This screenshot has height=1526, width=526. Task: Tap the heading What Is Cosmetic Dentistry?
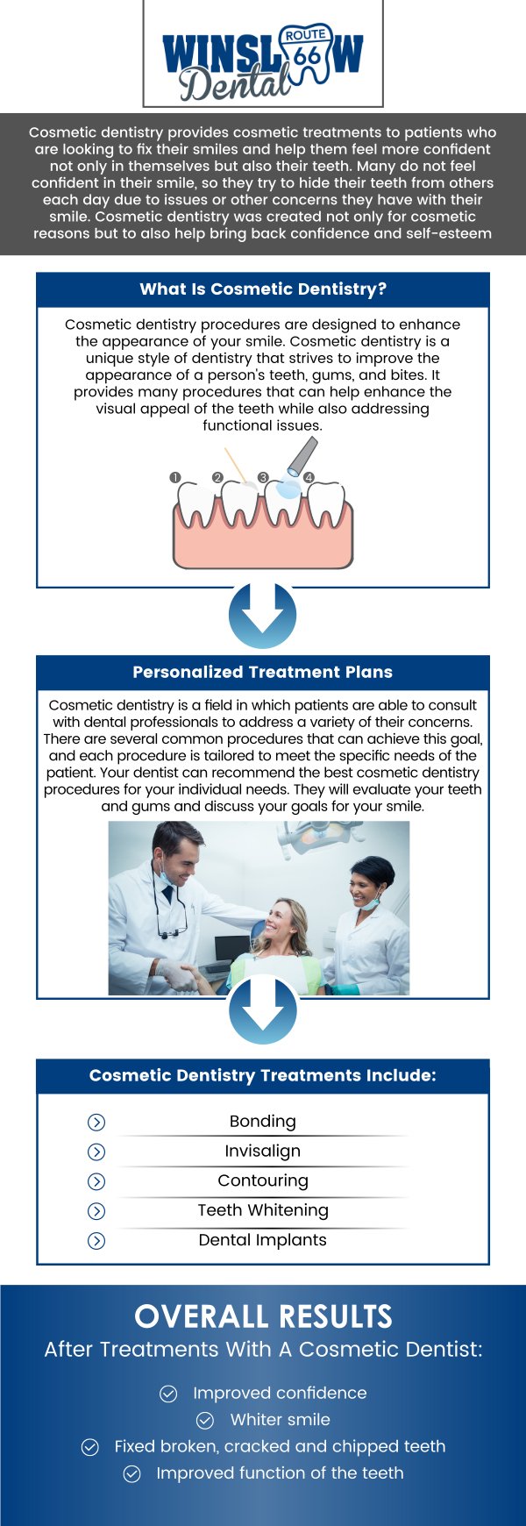point(263,289)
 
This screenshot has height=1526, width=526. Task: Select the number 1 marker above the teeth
point(175,477)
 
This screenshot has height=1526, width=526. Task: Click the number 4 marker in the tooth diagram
point(309,477)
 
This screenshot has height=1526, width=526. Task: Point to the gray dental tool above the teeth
point(300,458)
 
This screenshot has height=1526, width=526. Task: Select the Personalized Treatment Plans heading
point(263,673)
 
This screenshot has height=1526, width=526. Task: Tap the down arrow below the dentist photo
point(263,1010)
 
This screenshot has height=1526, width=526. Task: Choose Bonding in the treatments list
point(263,1122)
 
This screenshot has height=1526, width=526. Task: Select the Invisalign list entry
point(263,1152)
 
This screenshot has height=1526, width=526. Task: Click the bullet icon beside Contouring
point(97,1181)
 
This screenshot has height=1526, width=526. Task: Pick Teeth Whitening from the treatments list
point(263,1210)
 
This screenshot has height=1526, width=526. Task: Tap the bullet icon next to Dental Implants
point(97,1241)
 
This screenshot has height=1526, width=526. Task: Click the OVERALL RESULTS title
point(263,1316)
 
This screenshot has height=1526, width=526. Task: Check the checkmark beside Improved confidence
point(168,1394)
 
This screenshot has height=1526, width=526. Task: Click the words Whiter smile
point(281,1420)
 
